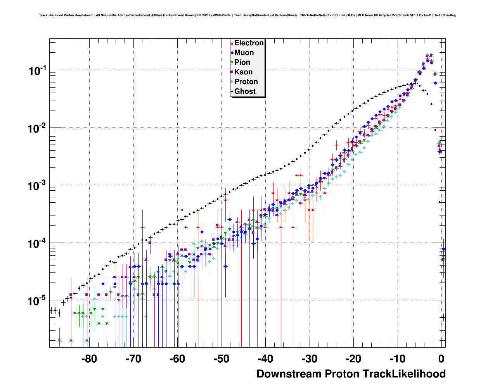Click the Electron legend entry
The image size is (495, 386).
pos(249,43)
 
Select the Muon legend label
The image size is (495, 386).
pos(244,53)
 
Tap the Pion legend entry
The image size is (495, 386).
pos(242,62)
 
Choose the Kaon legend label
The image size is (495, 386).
pos(243,72)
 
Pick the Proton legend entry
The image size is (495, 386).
pos(246,82)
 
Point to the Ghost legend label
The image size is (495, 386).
pos(245,91)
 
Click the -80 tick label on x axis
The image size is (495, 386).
pos(89,359)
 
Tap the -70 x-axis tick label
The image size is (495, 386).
pos(133,359)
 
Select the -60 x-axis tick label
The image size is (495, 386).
pos(177,359)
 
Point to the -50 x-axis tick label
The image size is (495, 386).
pos(221,359)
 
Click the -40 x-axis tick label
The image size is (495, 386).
pos(265,359)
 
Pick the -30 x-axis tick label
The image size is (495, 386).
pos(309,359)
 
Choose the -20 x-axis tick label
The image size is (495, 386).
pos(353,359)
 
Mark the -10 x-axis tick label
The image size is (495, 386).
pos(397,359)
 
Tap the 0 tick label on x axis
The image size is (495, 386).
pos(441,359)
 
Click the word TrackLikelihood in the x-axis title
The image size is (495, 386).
pos(404,374)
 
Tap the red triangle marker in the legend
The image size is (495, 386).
pos(232,43)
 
